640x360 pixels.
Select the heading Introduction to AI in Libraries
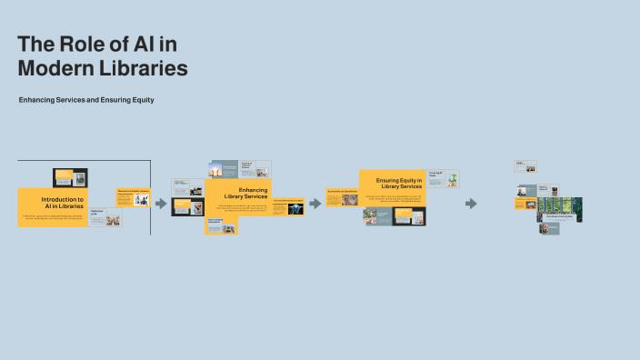tap(62, 203)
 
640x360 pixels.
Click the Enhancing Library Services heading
tap(245, 194)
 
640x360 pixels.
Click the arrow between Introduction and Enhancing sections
tap(161, 204)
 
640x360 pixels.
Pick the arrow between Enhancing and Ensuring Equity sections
tap(315, 204)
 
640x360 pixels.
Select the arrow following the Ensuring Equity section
tap(471, 204)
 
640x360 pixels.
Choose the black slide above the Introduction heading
tap(70, 176)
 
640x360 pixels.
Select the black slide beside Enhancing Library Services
tap(187, 206)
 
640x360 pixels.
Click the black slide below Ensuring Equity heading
tap(409, 216)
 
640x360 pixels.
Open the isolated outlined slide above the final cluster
tap(525, 166)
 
